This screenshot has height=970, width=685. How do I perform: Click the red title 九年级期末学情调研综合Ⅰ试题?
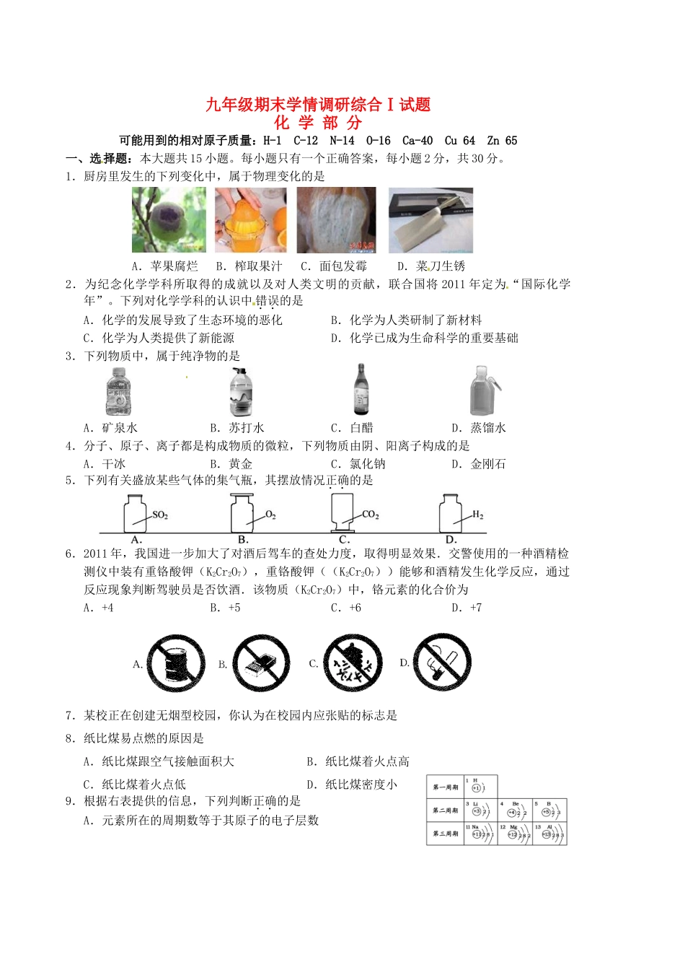[318, 105]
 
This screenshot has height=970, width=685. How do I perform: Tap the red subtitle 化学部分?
[318, 123]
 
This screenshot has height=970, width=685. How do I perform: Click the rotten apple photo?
[169, 219]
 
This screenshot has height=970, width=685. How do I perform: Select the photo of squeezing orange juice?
[250, 219]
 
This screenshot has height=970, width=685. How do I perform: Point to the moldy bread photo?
[336, 219]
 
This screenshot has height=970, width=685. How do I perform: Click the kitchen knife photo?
[430, 219]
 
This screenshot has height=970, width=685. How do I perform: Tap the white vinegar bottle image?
[361, 390]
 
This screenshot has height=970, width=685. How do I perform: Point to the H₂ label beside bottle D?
[477, 515]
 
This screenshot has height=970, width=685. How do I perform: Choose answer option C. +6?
[346, 608]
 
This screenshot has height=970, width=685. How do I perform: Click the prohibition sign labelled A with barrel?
[171, 664]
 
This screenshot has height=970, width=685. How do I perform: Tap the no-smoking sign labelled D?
[442, 663]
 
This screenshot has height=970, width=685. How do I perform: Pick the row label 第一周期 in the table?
[445, 787]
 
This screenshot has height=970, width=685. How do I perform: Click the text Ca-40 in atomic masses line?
[417, 141]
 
